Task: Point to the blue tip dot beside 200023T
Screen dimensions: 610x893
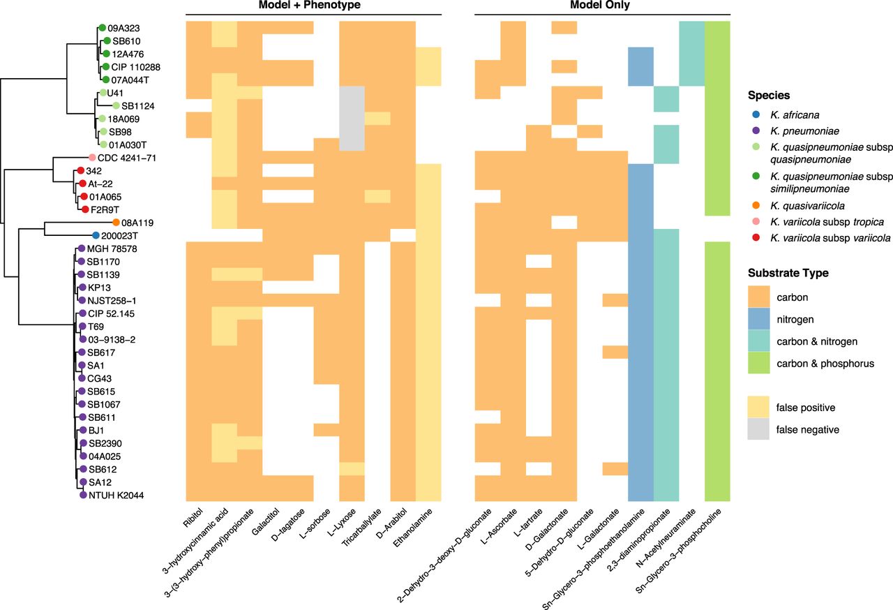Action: (96, 236)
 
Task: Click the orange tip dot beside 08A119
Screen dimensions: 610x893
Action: (116, 223)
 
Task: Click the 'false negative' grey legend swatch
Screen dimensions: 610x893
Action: (760, 430)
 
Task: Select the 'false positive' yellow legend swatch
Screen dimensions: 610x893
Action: (760, 407)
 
